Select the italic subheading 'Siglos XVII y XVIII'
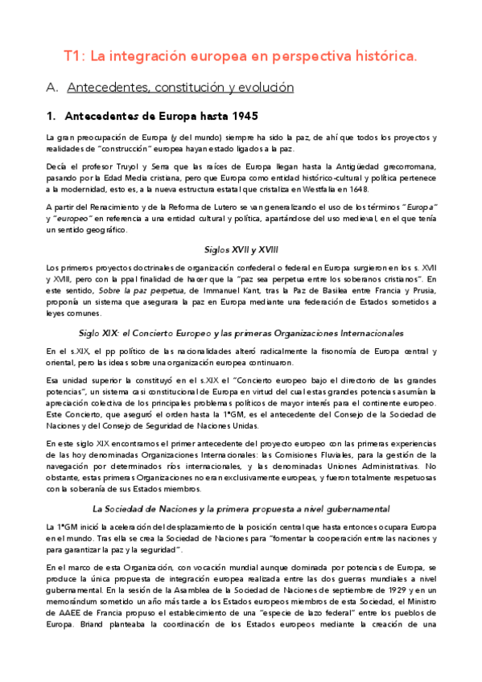pyautogui.click(x=241, y=250)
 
